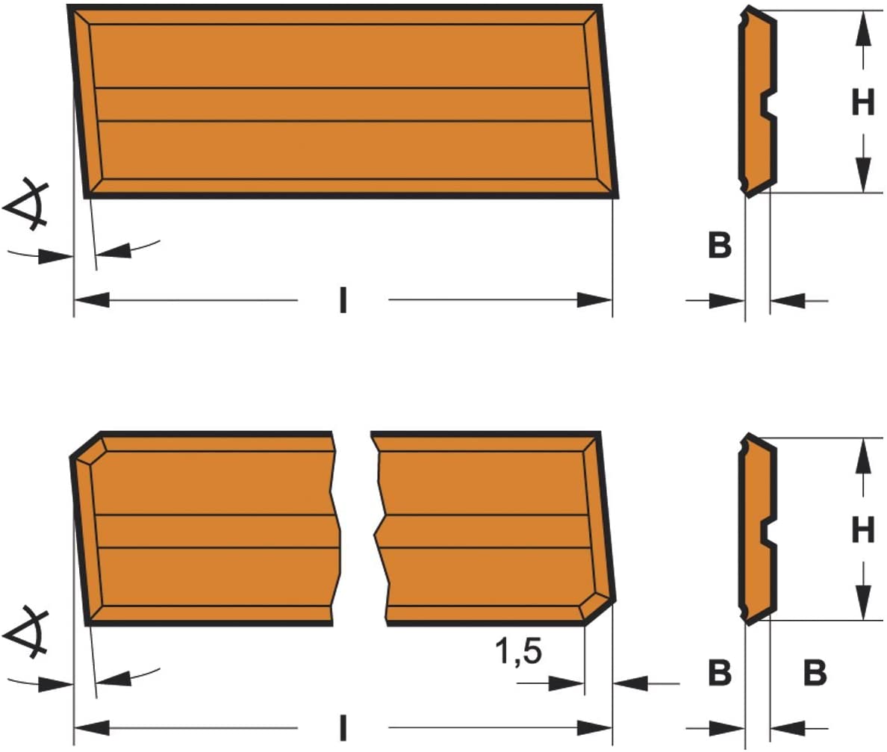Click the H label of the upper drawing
coord(862,102)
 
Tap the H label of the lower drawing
coord(862,530)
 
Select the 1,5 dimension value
coord(519,650)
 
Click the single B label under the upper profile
coord(720,246)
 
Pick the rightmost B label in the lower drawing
coord(815,673)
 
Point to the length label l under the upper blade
coord(343,300)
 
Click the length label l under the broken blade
coord(343,727)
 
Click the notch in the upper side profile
coord(768,104)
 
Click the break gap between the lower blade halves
coord(355,529)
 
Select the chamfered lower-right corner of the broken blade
coord(599,610)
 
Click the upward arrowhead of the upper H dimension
coord(862,29)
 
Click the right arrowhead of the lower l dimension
coord(594,727)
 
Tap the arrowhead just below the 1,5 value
coord(566,683)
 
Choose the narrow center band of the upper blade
coord(343,105)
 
